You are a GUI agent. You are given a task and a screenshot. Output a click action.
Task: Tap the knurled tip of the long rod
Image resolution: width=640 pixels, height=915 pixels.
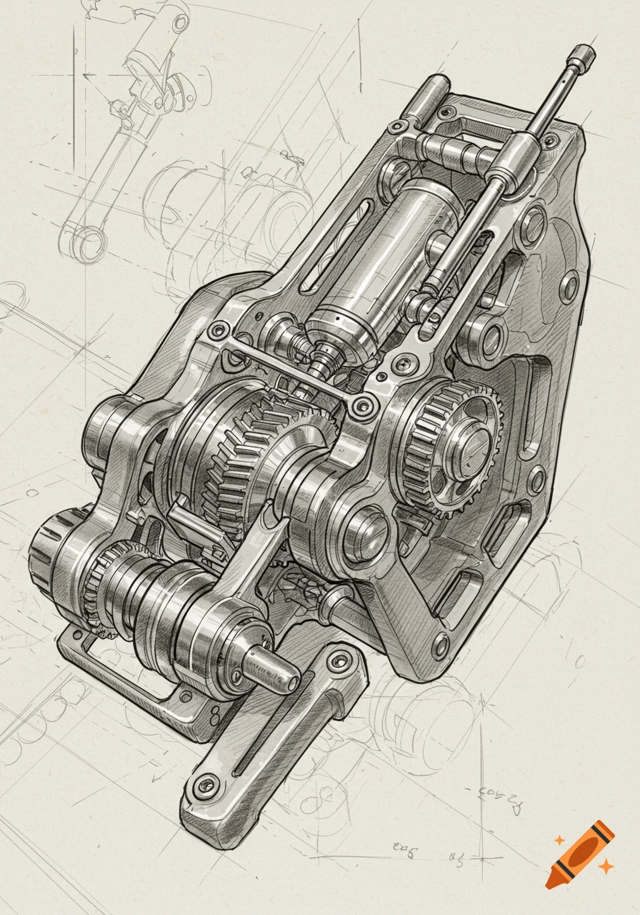point(582,55)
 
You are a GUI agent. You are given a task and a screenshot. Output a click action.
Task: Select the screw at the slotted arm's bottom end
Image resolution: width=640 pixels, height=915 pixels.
point(206,784)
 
